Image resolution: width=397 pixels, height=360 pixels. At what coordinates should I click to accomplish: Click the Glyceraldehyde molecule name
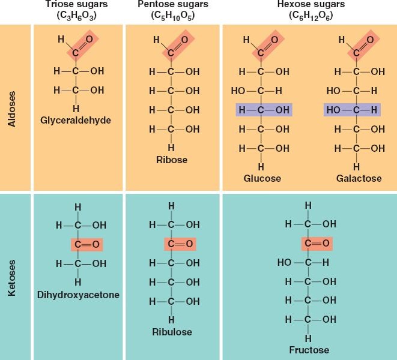[76, 120]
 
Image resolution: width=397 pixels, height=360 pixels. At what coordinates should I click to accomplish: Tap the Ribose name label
[172, 160]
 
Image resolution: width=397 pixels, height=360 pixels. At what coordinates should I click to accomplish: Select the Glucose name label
[262, 178]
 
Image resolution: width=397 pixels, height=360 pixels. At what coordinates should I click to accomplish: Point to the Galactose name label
[359, 178]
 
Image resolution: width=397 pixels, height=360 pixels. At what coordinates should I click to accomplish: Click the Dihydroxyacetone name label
[78, 295]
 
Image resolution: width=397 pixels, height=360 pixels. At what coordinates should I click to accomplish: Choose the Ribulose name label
[172, 332]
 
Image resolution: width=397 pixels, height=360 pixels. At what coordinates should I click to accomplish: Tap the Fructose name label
[309, 350]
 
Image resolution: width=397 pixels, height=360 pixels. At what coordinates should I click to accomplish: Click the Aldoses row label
[11, 109]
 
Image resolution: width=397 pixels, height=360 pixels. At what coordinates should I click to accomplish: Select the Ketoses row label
[11, 278]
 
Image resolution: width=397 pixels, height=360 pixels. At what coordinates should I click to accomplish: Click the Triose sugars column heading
[76, 4]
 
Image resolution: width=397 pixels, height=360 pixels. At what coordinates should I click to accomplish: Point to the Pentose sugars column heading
[173, 4]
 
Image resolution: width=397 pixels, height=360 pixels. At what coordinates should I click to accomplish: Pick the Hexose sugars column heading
[311, 4]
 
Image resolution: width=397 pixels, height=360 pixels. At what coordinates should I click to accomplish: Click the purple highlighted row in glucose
[264, 110]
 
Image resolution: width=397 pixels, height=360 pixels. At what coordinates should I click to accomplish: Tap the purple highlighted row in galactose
[352, 110]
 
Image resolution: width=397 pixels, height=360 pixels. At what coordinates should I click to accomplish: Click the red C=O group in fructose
[317, 244]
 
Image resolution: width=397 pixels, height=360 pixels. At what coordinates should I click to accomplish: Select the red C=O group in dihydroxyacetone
[87, 245]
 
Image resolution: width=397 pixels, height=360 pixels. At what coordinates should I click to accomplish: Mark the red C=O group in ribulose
[180, 244]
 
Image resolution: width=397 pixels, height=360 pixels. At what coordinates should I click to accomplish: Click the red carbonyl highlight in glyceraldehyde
[82, 46]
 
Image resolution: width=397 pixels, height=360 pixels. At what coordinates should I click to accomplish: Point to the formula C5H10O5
[173, 16]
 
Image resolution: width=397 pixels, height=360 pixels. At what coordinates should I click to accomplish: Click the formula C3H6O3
[76, 16]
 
